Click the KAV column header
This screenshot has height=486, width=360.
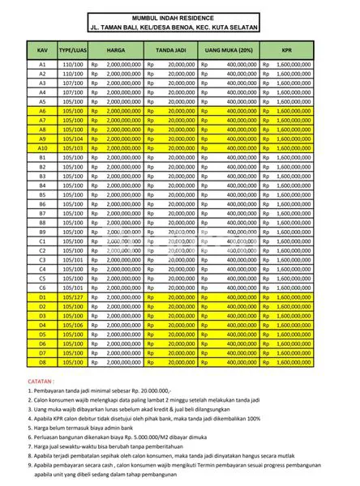[42, 49]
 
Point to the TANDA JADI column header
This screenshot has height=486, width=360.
[172, 49]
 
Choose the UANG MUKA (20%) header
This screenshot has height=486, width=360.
[230, 49]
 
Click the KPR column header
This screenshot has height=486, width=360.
[287, 49]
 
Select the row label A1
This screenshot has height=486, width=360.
[42, 64]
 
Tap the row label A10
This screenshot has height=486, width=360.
[42, 148]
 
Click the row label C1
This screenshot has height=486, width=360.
[42, 241]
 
